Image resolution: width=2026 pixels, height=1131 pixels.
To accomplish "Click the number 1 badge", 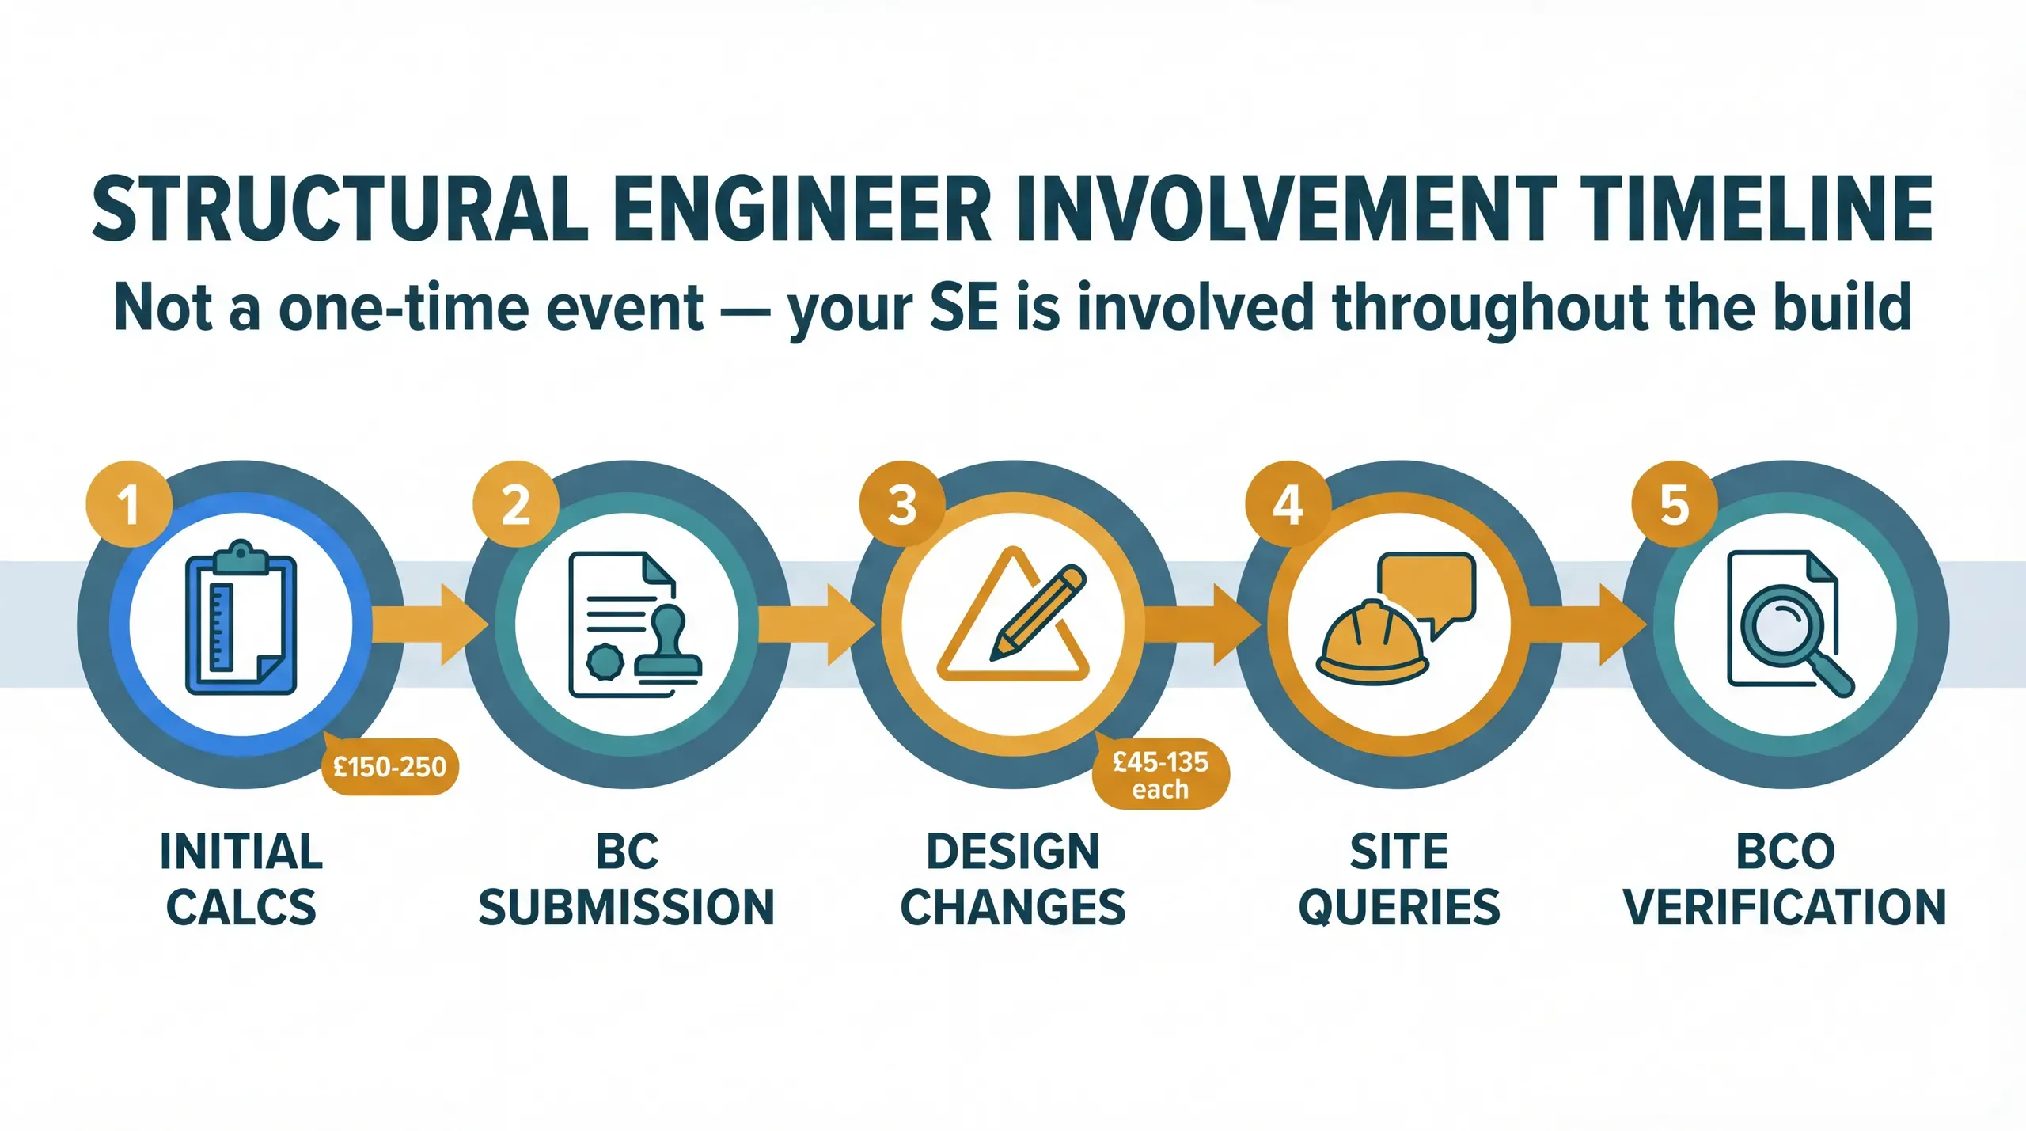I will coord(129,504).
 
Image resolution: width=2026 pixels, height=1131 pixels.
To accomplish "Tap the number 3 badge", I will coord(902,504).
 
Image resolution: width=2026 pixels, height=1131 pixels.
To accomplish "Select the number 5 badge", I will coord(1675,504).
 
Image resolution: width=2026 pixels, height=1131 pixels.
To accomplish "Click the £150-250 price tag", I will coord(390,767).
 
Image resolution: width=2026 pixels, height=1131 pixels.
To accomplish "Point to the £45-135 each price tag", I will coord(1160,775).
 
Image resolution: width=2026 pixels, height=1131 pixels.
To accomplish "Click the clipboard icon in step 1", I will coord(241,617).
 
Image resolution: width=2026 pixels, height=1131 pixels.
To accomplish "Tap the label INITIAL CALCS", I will coord(241,879).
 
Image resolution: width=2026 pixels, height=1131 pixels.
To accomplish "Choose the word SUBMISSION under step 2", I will coord(627,907).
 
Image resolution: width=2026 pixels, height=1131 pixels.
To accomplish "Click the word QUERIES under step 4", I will coord(1399,907).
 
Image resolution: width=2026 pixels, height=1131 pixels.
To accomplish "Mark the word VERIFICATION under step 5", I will coord(1785,907).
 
